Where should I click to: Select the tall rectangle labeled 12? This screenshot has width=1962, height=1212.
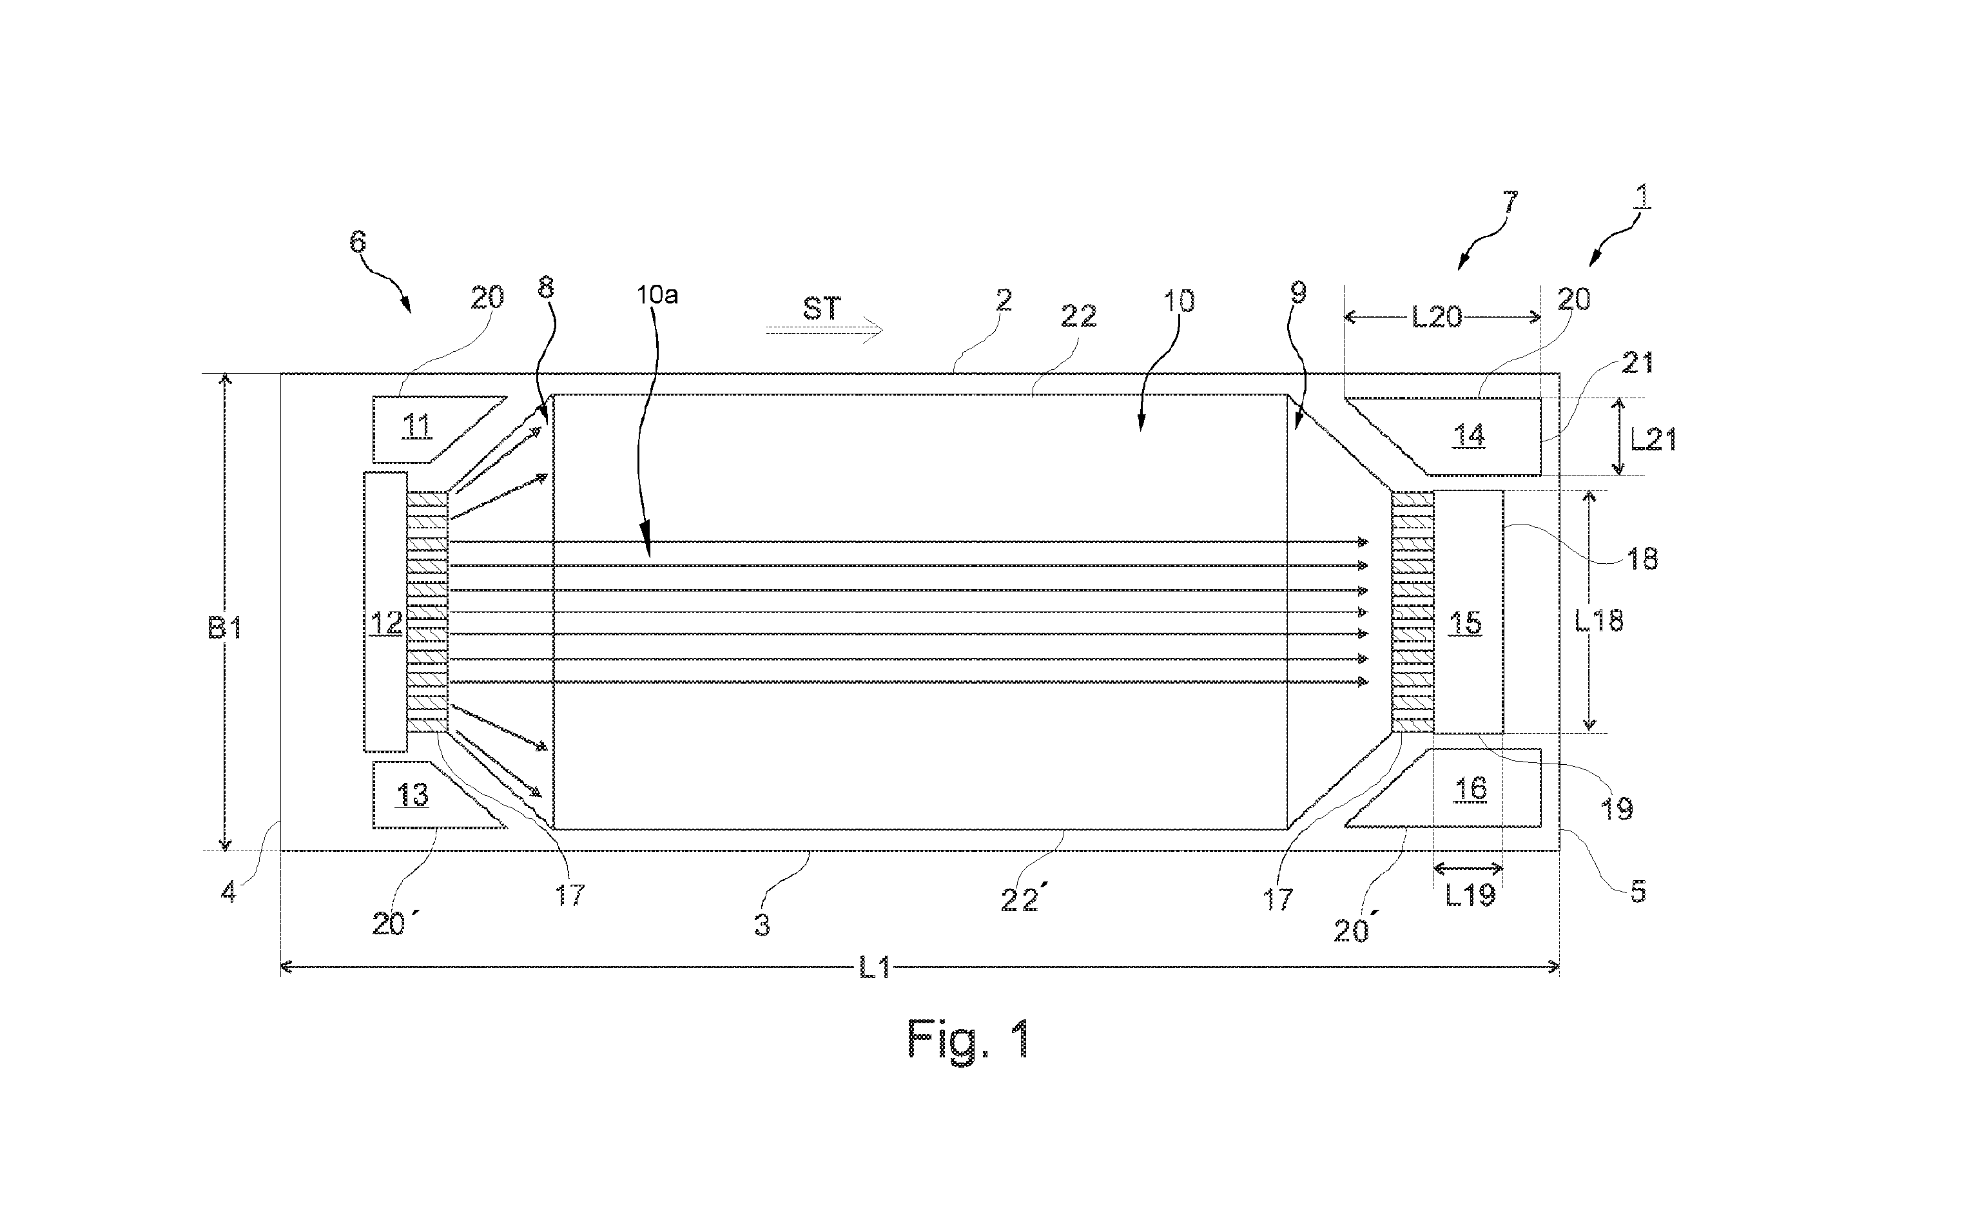click(385, 611)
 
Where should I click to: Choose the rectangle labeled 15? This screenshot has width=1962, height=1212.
click(1467, 611)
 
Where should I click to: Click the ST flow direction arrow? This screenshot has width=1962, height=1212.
click(824, 329)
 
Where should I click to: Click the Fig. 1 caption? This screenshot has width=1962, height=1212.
click(969, 1040)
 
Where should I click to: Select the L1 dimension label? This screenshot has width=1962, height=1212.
click(875, 968)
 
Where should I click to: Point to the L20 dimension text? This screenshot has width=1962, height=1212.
click(1436, 318)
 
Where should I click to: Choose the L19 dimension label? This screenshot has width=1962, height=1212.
click(1470, 894)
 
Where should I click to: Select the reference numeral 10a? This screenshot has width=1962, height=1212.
click(657, 295)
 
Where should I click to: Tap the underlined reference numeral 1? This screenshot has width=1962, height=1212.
click(1641, 197)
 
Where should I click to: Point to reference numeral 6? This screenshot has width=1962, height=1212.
click(358, 241)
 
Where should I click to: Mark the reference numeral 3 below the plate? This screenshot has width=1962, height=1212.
click(762, 925)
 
